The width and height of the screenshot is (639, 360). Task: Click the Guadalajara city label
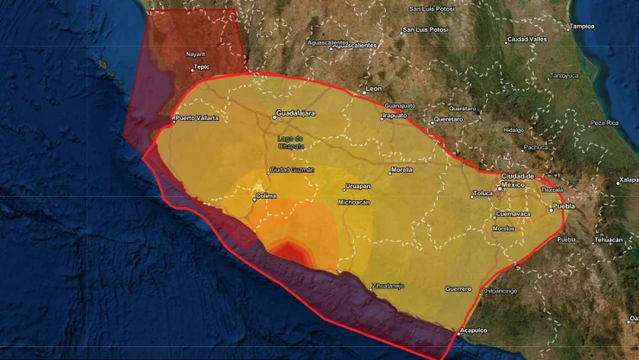(297, 113)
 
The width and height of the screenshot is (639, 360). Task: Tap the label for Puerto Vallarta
(196, 117)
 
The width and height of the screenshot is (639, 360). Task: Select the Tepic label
(202, 66)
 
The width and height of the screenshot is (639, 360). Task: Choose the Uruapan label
(357, 186)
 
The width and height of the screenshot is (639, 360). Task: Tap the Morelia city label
(402, 170)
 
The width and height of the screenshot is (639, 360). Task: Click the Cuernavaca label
(513, 213)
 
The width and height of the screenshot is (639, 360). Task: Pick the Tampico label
(583, 26)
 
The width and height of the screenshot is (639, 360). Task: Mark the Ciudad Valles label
(528, 39)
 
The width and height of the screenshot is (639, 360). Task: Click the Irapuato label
(394, 115)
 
